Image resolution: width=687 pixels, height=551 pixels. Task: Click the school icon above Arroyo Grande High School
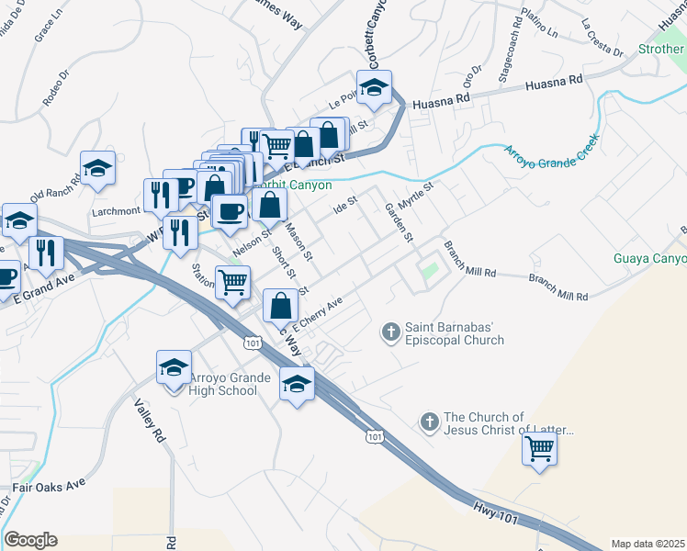point(173,368)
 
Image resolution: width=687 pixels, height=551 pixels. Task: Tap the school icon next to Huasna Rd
point(374,88)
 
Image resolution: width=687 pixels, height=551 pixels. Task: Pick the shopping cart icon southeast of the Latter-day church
point(539,448)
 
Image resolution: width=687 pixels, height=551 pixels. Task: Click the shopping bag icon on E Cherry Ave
point(281,306)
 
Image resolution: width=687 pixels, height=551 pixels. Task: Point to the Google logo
point(30,540)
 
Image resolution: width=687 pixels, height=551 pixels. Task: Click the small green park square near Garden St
point(427,272)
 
